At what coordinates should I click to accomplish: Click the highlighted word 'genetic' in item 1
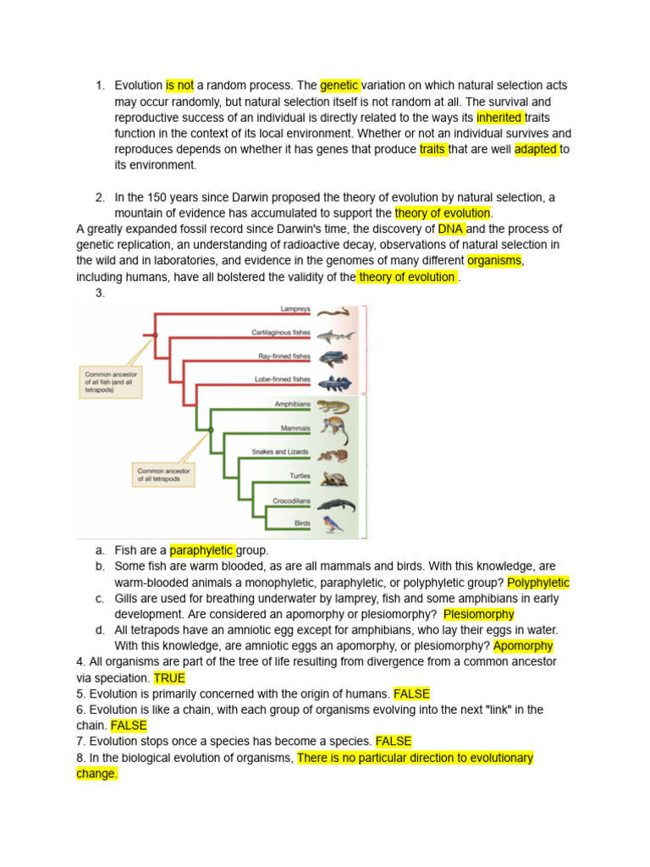[x=340, y=86]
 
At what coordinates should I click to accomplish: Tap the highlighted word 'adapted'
[x=537, y=150]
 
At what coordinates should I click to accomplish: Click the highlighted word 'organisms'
[x=495, y=261]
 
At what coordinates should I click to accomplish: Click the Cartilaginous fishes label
[x=281, y=333]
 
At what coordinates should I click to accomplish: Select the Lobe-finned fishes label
[x=283, y=379]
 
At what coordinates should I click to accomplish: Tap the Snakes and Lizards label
[x=280, y=452]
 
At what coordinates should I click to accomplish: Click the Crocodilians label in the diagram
[x=291, y=501]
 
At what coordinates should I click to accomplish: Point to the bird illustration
[x=333, y=524]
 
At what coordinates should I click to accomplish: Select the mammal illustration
[x=334, y=430]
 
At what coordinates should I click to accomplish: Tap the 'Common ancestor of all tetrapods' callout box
[x=164, y=474]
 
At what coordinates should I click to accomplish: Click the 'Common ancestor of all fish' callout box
[x=111, y=381]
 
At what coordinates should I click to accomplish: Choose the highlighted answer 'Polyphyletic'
[x=538, y=583]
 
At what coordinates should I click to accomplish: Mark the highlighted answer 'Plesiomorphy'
[x=478, y=615]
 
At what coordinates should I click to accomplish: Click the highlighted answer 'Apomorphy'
[x=523, y=646]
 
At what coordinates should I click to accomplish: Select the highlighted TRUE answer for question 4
[x=169, y=678]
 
